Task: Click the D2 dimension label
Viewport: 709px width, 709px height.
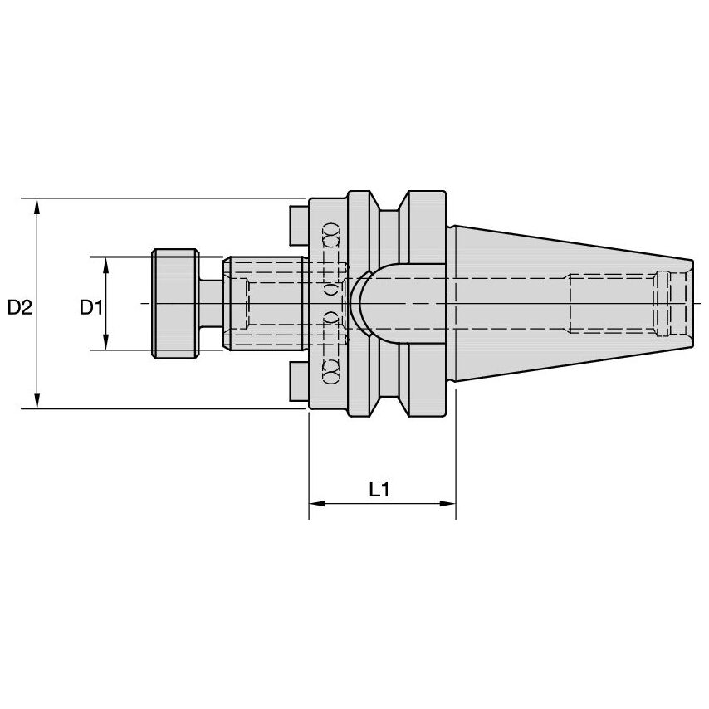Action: [19, 307]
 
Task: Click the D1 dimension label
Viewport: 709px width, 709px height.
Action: [90, 307]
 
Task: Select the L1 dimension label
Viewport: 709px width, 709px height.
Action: [379, 490]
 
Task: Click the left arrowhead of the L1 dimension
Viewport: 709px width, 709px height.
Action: [316, 504]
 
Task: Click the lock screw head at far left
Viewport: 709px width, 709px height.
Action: [174, 304]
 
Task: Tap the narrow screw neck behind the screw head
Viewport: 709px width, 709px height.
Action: [212, 304]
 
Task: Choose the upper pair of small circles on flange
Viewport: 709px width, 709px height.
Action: [330, 234]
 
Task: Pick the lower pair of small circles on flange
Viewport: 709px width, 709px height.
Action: [330, 372]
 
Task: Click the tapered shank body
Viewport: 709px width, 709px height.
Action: [565, 304]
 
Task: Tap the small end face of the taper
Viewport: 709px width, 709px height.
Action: [690, 304]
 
